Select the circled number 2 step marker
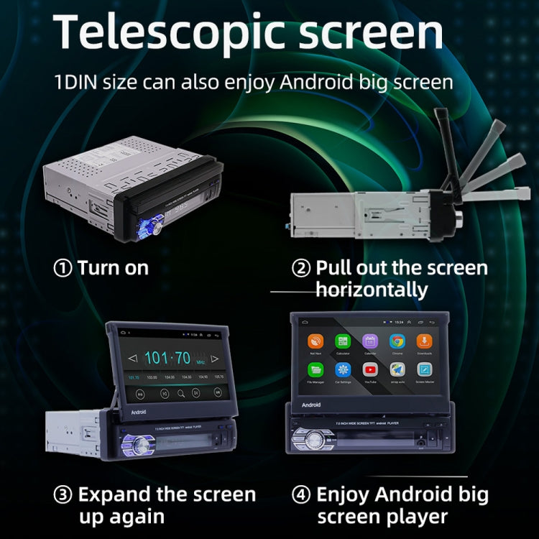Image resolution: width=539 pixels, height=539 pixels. click(301, 268)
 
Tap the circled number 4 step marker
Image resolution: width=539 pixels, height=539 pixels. click(301, 495)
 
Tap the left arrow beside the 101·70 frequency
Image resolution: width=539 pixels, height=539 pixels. click(132, 358)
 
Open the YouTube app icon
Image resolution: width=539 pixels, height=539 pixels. click(370, 369)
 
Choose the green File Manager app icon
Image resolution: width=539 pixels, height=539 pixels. click(315, 369)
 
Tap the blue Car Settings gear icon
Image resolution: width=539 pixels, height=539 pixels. click(342, 369)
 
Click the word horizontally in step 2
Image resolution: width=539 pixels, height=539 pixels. click(372, 290)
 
